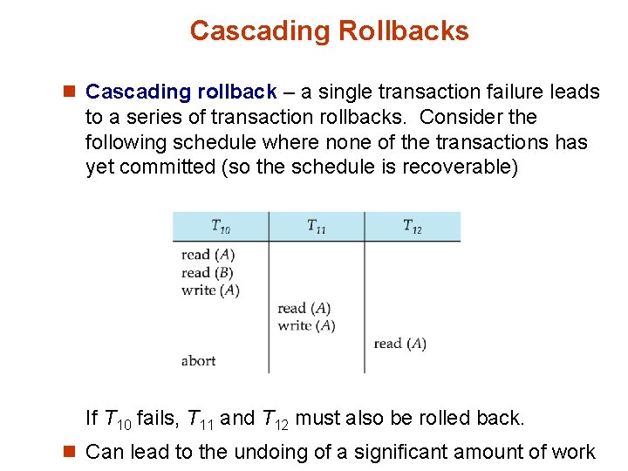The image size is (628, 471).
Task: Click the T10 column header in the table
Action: click(x=221, y=227)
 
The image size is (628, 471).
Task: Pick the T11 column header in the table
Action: click(x=317, y=227)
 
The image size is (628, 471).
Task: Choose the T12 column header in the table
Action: click(x=413, y=227)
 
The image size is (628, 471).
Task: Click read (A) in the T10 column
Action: click(x=208, y=255)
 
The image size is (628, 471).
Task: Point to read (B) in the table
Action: click(x=208, y=272)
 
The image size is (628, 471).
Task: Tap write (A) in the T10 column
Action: click(x=210, y=290)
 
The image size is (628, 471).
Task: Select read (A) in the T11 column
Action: click(x=304, y=308)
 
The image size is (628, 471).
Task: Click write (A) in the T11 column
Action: click(x=306, y=325)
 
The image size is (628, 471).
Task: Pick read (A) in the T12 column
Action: click(x=400, y=344)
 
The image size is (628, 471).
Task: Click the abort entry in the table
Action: click(x=198, y=361)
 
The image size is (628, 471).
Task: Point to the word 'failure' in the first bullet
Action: click(x=507, y=92)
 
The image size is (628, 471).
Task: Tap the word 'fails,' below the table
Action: click(x=157, y=419)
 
